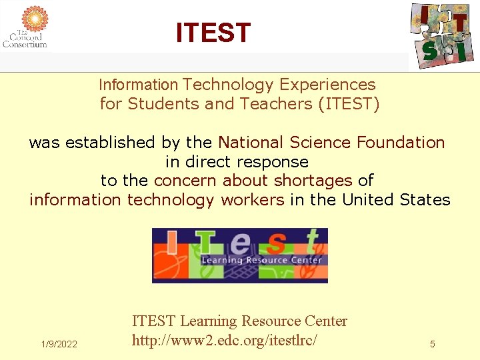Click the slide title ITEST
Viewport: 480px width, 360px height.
[x=213, y=32]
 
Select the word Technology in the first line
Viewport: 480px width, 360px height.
[x=228, y=85]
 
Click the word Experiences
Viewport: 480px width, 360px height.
[x=327, y=85]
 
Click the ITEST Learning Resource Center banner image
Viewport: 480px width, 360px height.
[x=240, y=256]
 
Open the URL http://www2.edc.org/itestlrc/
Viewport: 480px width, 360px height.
[x=224, y=340]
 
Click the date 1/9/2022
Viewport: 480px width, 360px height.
[x=59, y=344]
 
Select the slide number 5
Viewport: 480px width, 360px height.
[x=433, y=344]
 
